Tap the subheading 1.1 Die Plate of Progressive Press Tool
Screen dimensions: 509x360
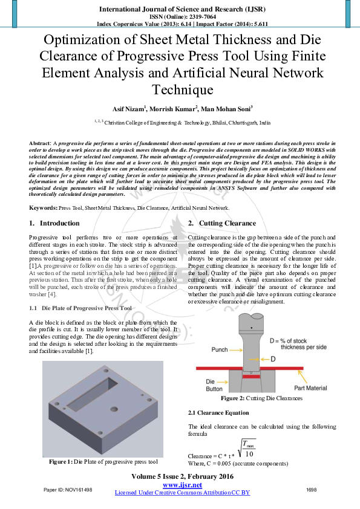(x=80, y=308)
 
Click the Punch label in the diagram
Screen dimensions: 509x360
(x=219, y=349)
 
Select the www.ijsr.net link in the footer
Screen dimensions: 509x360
(x=182, y=485)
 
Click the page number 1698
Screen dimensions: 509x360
(x=312, y=489)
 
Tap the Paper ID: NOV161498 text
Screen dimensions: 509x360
(x=68, y=489)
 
